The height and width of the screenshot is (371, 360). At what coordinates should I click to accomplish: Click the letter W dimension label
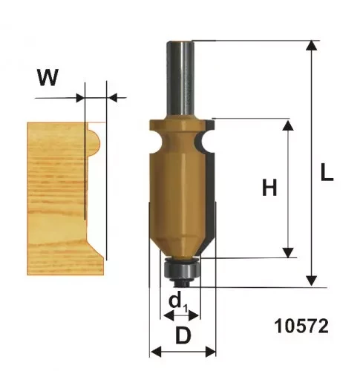48,77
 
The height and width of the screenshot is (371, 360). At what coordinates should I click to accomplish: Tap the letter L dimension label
327,173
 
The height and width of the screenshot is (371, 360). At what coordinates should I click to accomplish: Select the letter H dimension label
269,188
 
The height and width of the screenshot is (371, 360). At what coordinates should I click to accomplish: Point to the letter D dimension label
183,335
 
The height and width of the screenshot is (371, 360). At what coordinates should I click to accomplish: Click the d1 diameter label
177,303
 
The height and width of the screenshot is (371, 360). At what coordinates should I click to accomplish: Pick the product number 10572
301,326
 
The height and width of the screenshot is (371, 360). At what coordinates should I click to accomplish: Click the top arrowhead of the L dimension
312,45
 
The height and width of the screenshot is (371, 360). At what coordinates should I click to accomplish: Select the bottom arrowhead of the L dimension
312,281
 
